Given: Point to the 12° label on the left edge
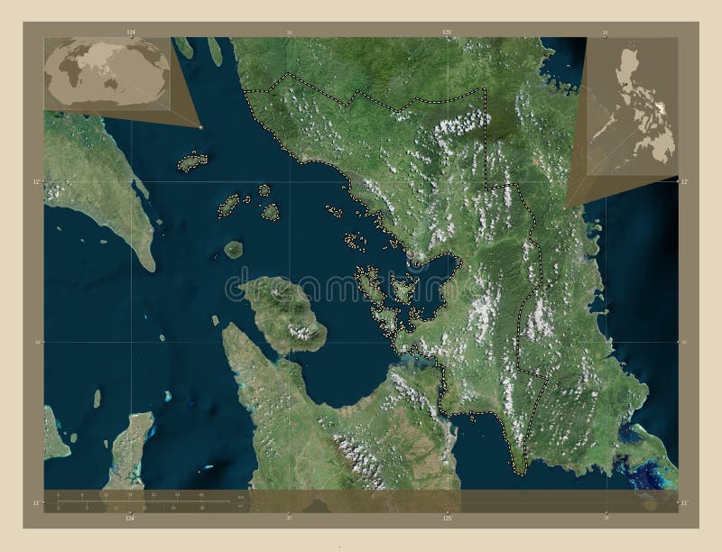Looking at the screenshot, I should point(35,182).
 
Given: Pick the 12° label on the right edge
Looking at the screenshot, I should point(684,182).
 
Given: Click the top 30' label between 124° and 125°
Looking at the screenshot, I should point(289,32).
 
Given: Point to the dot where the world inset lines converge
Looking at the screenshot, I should point(200,126).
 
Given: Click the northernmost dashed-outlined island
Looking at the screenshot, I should point(190,163).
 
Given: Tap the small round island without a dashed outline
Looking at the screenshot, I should point(234,248).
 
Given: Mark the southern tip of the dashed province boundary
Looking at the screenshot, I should point(519,470).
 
